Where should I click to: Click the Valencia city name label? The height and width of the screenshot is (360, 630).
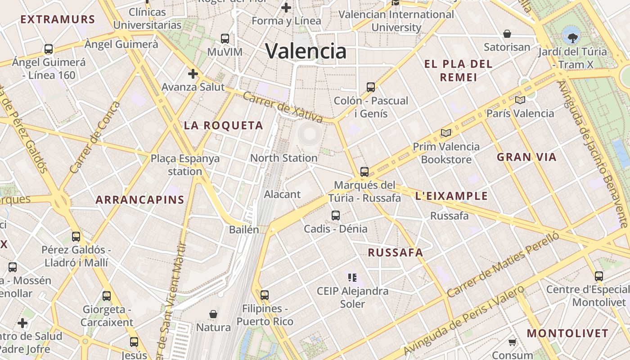[306, 51]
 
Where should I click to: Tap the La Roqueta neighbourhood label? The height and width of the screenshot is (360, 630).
[223, 126]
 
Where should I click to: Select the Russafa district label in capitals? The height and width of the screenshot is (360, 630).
[396, 252]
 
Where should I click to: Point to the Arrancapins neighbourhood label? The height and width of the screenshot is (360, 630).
[140, 200]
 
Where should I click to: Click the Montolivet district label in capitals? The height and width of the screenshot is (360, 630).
[567, 333]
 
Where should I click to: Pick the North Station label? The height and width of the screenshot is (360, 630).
[283, 158]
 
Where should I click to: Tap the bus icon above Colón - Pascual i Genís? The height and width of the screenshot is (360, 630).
[371, 87]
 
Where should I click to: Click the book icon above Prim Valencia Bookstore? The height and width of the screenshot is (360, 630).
[446, 133]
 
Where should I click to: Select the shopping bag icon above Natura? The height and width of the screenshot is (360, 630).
[213, 314]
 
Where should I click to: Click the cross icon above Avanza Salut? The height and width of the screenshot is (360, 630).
[193, 74]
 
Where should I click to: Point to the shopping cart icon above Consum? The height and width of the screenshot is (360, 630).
[512, 342]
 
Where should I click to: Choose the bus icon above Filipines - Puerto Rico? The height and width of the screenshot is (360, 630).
[265, 295]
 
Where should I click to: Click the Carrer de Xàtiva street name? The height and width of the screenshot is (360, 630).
[283, 108]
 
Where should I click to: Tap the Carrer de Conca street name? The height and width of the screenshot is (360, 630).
[95, 137]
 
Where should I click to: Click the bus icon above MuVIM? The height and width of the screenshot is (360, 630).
[225, 39]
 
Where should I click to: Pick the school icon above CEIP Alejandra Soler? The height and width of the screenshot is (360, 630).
[352, 277]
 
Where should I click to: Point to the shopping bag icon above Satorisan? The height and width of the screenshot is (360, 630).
[507, 34]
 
